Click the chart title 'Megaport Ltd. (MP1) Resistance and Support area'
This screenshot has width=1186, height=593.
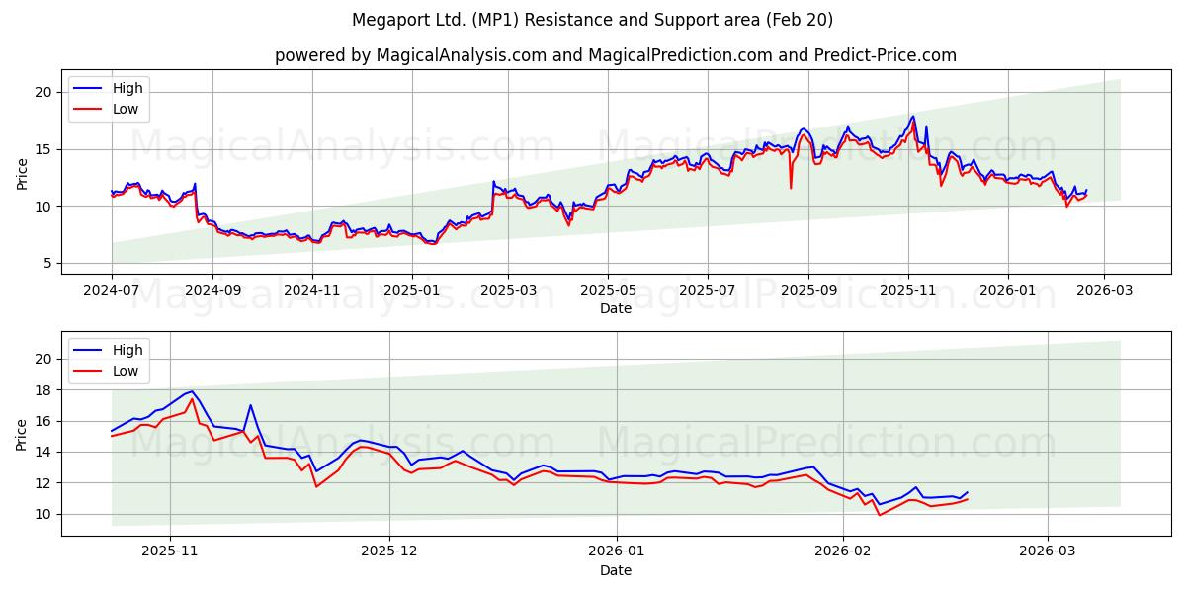click(x=592, y=20)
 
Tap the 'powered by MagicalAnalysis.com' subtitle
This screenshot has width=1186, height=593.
click(x=615, y=55)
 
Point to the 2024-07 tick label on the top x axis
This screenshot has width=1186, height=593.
click(x=112, y=292)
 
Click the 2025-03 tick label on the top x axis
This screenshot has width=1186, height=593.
click(x=508, y=292)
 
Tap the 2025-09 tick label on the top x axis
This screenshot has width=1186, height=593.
click(x=808, y=292)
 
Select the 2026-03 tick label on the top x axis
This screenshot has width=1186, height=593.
click(x=1103, y=292)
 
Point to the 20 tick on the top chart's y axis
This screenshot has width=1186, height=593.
click(x=43, y=92)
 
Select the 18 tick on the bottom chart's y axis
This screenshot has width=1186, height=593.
click(x=43, y=390)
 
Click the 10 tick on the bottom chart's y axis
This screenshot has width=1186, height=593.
click(x=43, y=514)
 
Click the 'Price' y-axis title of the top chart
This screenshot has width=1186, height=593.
click(x=23, y=173)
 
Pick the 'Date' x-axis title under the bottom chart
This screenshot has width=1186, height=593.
click(x=615, y=570)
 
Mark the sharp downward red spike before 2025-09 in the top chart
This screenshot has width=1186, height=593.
click(x=791, y=187)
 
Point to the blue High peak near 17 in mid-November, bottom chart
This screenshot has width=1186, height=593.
click(x=250, y=405)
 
